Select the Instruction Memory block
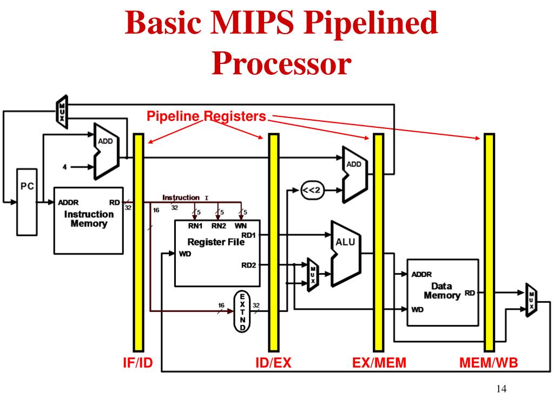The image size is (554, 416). [89, 219]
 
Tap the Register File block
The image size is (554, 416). [217, 253]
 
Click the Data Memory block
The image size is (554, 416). [442, 292]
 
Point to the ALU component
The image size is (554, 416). [345, 252]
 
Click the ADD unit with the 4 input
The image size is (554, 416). [106, 151]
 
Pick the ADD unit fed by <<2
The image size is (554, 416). [354, 174]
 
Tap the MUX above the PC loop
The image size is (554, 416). [62, 112]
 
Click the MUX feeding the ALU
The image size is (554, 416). [312, 275]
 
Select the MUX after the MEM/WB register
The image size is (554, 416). [531, 300]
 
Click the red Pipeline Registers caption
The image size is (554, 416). [207, 116]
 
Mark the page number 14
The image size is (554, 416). [500, 390]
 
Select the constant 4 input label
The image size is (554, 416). [65, 167]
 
